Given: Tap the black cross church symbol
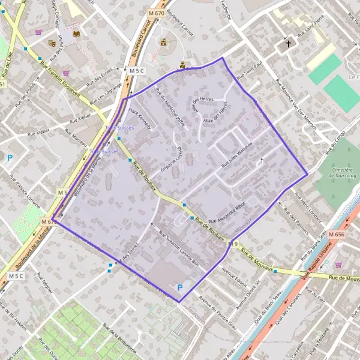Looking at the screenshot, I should pyautogui.click(x=288, y=44).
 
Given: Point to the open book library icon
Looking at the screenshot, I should pyautogui.click(x=76, y=34).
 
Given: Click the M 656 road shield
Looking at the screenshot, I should pyautogui.click(x=337, y=235).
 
